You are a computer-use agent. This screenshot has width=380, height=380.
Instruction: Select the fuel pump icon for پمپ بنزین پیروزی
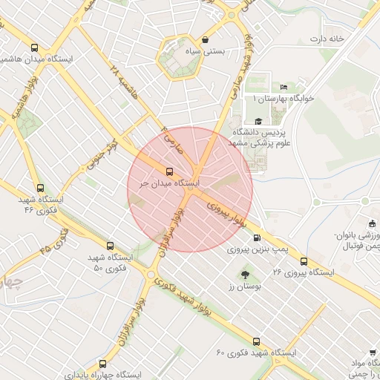pos(257,238)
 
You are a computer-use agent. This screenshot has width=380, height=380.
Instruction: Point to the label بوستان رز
pos(236,286)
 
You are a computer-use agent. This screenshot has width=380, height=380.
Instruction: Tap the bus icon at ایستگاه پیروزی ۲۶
pos(304,261)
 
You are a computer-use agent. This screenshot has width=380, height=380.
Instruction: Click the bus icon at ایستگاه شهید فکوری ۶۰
pos(256,341)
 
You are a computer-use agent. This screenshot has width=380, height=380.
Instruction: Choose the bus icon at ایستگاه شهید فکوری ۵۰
pos(111,246)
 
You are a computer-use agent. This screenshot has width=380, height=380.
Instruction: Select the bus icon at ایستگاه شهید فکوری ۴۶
pos(39,189)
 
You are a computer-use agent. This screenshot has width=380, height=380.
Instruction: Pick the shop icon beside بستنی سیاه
pos(205,40)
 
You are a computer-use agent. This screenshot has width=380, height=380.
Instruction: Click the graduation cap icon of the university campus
pos(258,121)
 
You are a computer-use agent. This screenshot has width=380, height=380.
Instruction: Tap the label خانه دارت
pos(328,39)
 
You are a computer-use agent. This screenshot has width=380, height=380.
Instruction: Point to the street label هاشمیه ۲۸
pos(124,81)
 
